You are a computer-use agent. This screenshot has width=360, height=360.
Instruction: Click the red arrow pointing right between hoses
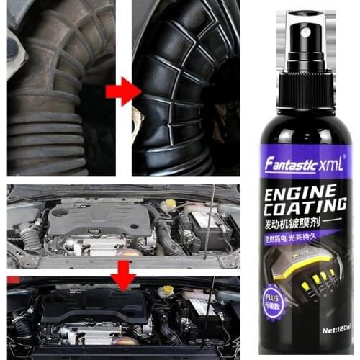pyautogui.click(x=120, y=91)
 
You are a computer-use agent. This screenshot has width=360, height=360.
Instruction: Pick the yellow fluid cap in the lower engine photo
pyautogui.click(x=167, y=291)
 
